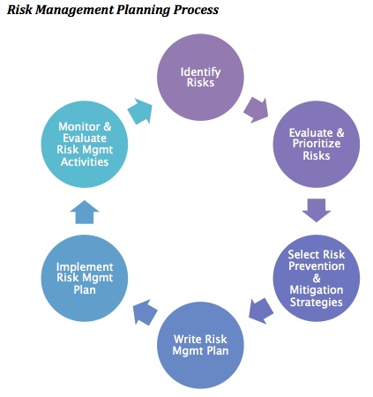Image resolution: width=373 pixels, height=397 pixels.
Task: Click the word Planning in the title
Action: coord(143,10)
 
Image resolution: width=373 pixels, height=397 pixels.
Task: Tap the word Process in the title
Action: coord(196,10)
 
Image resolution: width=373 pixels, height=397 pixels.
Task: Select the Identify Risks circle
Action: coord(200,77)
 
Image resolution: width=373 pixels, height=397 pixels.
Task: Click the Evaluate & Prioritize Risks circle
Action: coord(317,144)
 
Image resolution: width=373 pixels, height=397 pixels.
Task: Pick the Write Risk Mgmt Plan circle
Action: coord(200,345)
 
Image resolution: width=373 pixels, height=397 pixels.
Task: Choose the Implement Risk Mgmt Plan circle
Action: coord(85,278)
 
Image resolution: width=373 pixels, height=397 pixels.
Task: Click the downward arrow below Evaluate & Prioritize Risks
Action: coord(317,210)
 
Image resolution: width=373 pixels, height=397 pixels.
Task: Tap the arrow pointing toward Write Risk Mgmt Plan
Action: coord(261,311)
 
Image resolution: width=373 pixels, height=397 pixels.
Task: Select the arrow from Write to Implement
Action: coord(145,312)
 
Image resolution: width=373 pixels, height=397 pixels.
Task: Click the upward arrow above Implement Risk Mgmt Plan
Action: coord(85,212)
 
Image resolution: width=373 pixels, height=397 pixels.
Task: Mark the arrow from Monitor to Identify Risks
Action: coord(140,111)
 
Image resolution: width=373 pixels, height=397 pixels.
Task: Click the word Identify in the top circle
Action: coord(200,72)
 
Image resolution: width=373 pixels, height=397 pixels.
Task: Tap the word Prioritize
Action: coord(317,144)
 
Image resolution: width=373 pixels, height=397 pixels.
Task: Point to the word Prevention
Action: coord(317,266)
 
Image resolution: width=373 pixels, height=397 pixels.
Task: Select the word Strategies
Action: coord(317,303)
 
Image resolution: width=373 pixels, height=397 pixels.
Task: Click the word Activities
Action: coord(85,161)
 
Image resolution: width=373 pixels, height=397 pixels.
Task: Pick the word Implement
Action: coord(85,267)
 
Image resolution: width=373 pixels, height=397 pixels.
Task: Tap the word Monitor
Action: coord(79,127)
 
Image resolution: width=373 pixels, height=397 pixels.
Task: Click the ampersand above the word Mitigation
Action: coord(317,278)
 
